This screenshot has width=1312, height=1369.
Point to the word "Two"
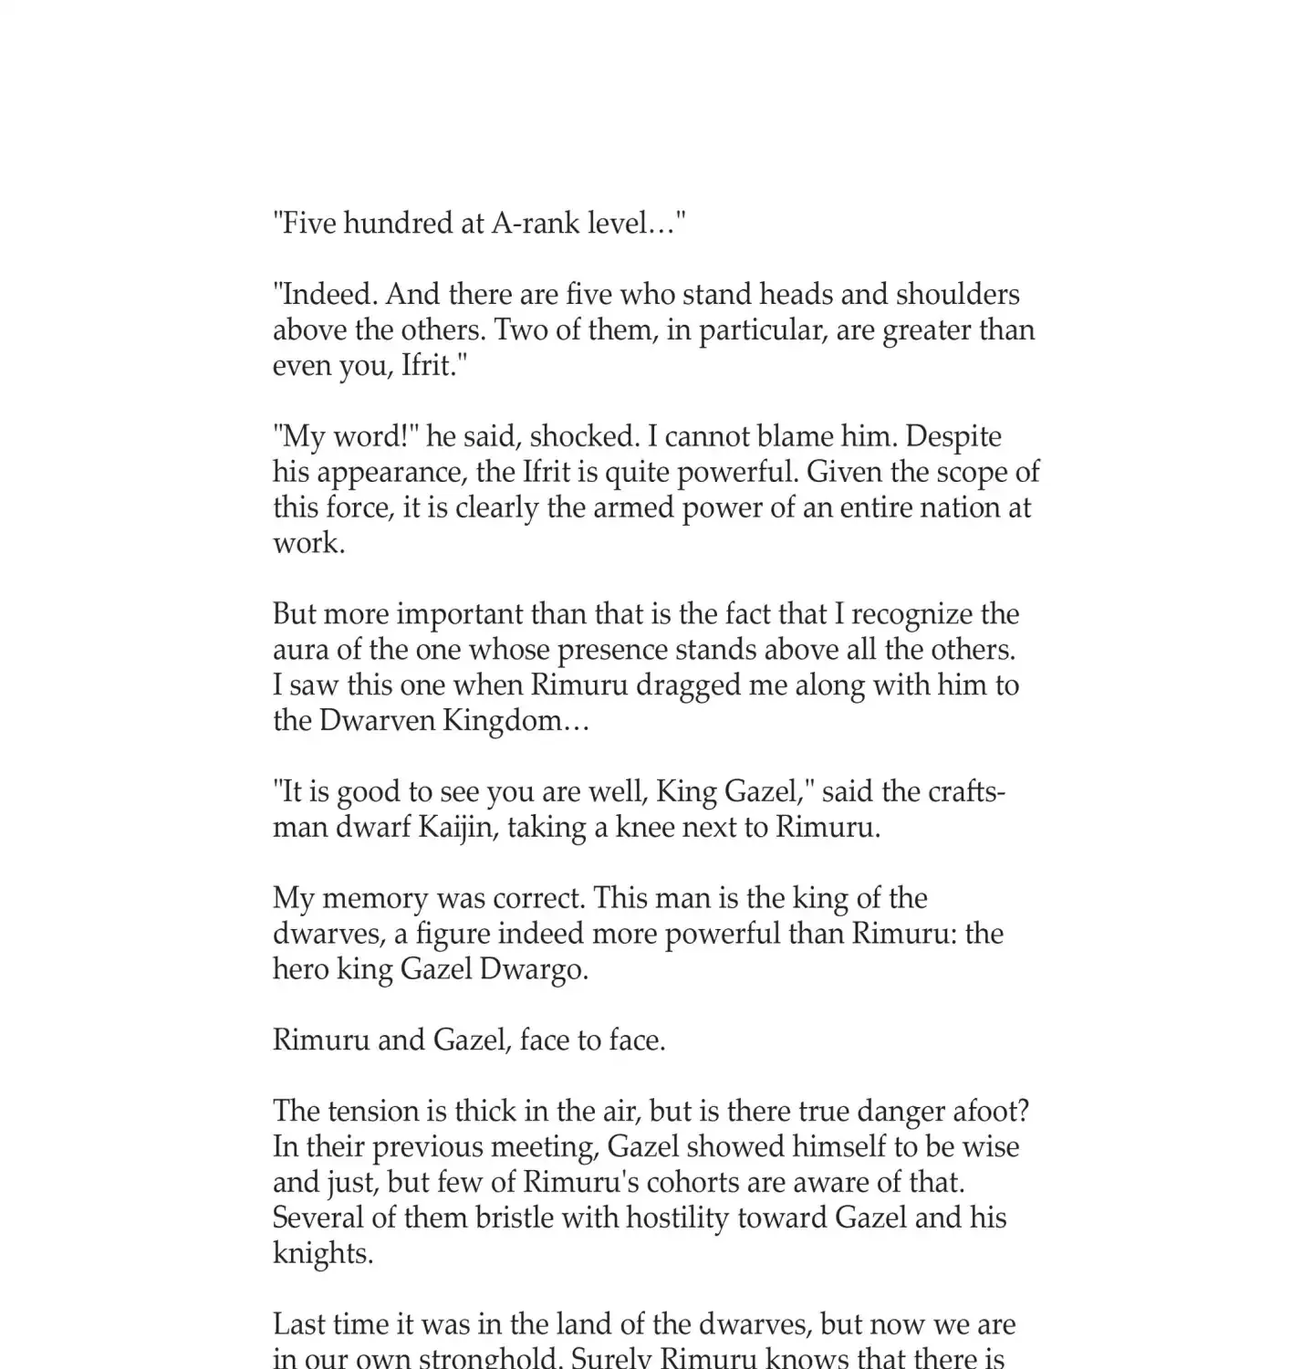(520, 329)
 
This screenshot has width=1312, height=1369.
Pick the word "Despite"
(953, 436)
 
